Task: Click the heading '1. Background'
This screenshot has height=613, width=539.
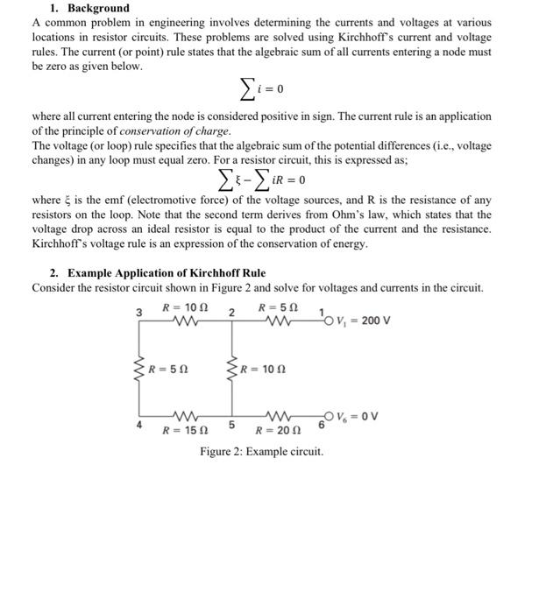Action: pos(86,8)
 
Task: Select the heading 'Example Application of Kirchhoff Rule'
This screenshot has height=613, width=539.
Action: pos(166,273)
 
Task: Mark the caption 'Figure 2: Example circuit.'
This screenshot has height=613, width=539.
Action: pos(261,452)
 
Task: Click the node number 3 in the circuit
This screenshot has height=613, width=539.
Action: pos(138,313)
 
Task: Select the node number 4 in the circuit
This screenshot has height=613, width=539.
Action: pos(138,426)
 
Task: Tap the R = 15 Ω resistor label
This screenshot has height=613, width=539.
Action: pos(185,431)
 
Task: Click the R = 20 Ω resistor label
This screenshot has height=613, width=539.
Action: pos(277,431)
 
